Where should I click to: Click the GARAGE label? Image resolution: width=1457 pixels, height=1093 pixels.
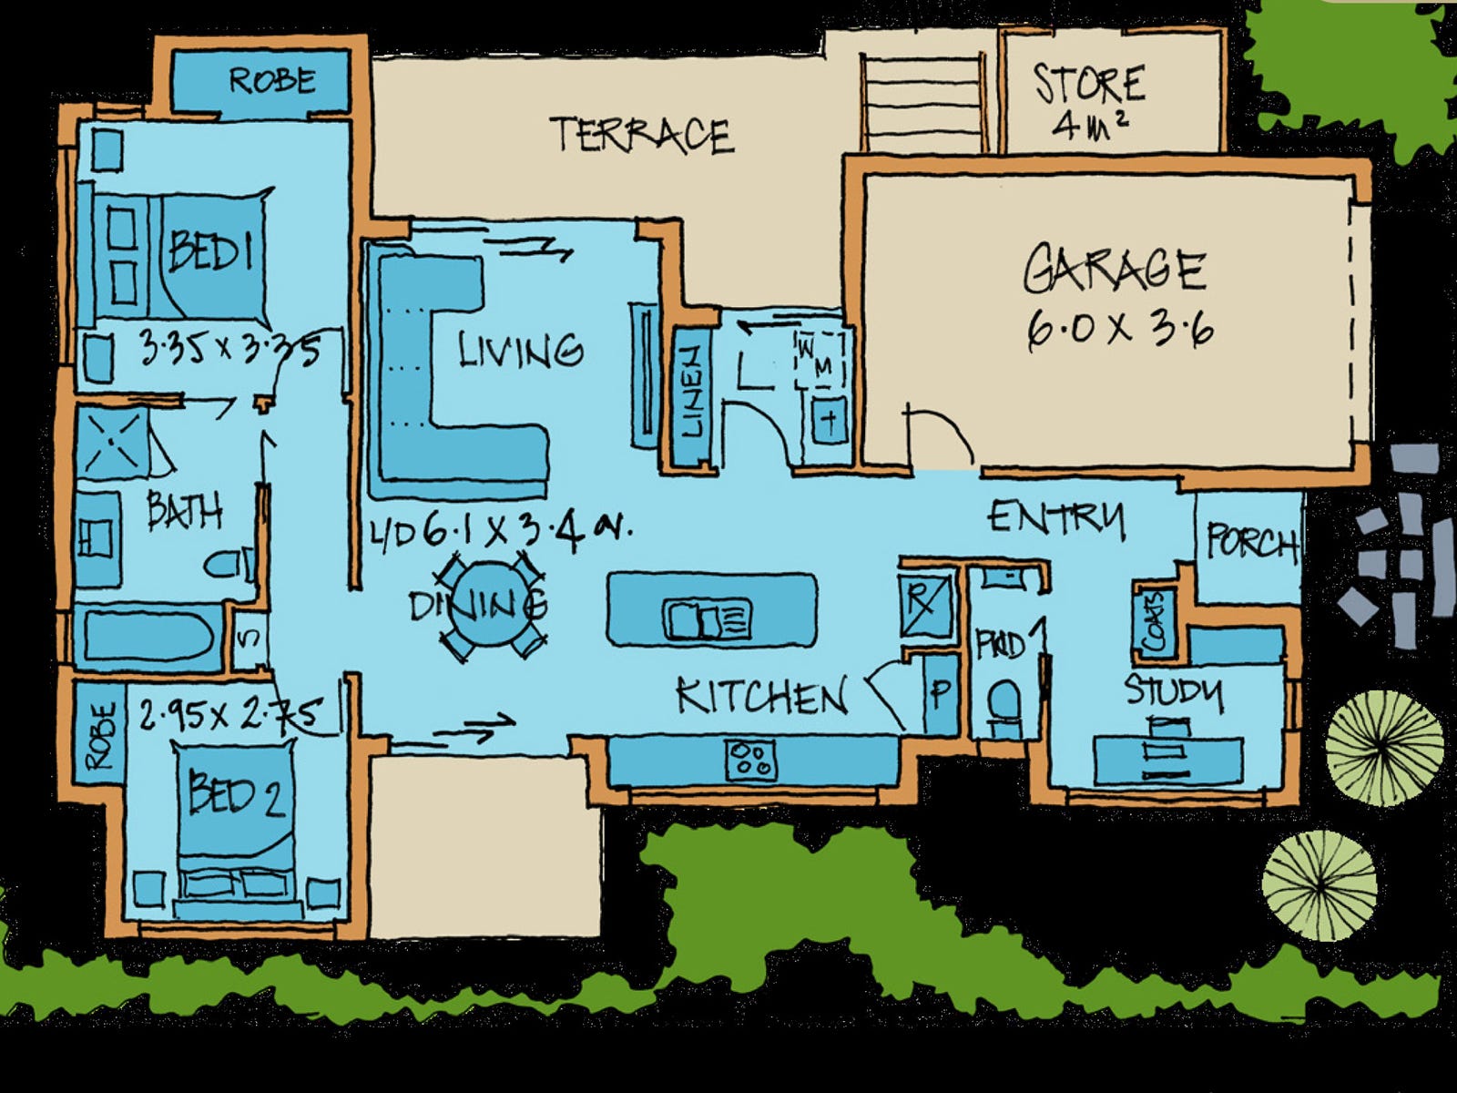1115,271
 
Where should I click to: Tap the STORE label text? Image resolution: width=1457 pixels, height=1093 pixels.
1089,84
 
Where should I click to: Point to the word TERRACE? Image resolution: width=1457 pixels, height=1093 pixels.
641,135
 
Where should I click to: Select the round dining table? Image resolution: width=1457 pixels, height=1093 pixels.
489,604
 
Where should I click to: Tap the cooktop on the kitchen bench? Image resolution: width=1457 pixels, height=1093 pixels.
751,760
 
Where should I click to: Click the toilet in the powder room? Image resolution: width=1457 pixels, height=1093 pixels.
1004,702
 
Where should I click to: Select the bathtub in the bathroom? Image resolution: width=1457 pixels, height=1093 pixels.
148,637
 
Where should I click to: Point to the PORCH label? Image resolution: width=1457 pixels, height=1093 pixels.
1251,543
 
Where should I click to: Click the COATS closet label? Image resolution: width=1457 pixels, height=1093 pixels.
1154,623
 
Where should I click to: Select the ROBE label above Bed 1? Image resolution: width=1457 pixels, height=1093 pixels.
271,80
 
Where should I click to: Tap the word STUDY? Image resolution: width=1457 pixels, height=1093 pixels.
1174,691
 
